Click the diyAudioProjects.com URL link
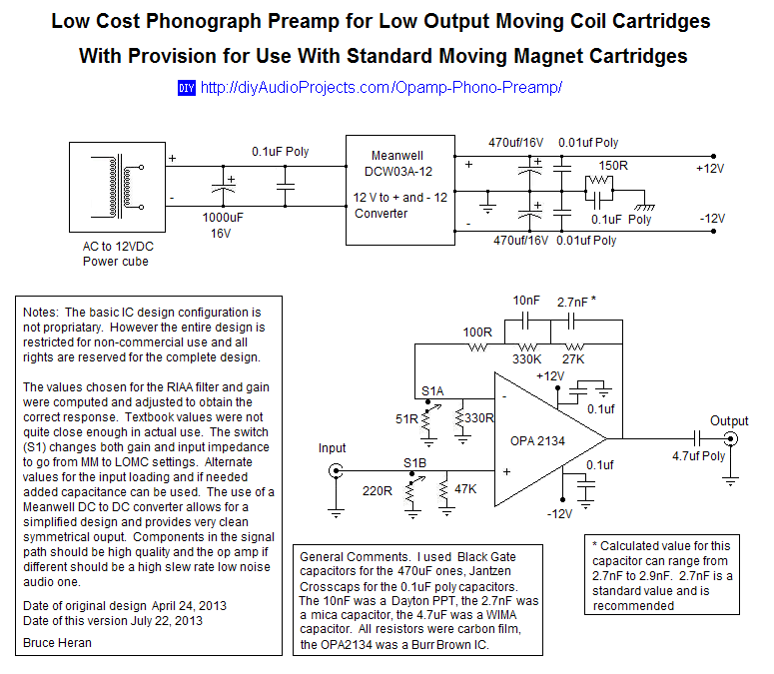coord(382,88)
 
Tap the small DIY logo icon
coord(187,88)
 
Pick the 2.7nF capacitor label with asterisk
coord(580,300)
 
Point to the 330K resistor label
coord(526,359)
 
